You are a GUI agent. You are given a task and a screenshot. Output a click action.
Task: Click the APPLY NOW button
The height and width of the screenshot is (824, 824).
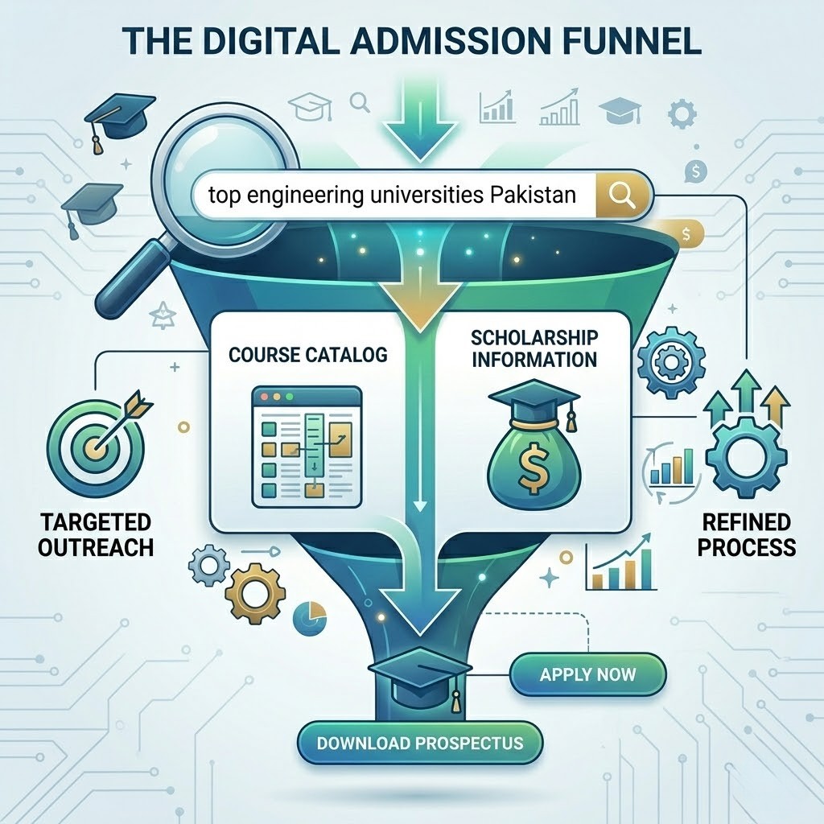pos(587,674)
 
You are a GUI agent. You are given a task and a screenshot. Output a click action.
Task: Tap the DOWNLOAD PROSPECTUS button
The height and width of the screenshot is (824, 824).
pos(419,741)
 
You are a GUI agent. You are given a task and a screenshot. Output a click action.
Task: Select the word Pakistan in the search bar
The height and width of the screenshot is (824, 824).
pos(533,195)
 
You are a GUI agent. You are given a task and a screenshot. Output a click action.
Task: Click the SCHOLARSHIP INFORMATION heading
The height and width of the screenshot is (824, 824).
pos(534,348)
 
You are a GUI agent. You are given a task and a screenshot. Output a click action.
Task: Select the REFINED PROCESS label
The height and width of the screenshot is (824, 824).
pos(747,536)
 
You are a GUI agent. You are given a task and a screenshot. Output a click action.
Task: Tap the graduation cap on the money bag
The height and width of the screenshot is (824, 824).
pos(533,399)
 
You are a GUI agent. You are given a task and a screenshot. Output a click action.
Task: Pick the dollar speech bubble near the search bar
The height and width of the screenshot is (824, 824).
pos(694,171)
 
